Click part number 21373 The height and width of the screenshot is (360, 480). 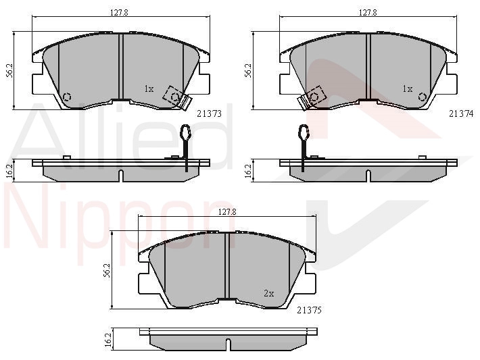[x=209, y=113]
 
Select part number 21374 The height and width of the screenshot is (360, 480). [x=461, y=113]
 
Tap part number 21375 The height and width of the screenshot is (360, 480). [x=310, y=310]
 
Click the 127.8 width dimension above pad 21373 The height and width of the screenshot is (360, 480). [x=119, y=13]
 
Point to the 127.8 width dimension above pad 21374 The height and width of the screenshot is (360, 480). [x=368, y=13]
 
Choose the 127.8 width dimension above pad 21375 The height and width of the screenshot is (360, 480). [x=227, y=211]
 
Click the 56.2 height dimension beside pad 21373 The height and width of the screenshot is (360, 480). [x=9, y=70]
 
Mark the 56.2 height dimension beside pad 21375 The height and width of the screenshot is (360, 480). [x=107, y=269]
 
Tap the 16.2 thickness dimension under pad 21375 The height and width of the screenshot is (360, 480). [x=107, y=339]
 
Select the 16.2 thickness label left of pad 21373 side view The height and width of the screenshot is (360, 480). [x=9, y=171]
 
